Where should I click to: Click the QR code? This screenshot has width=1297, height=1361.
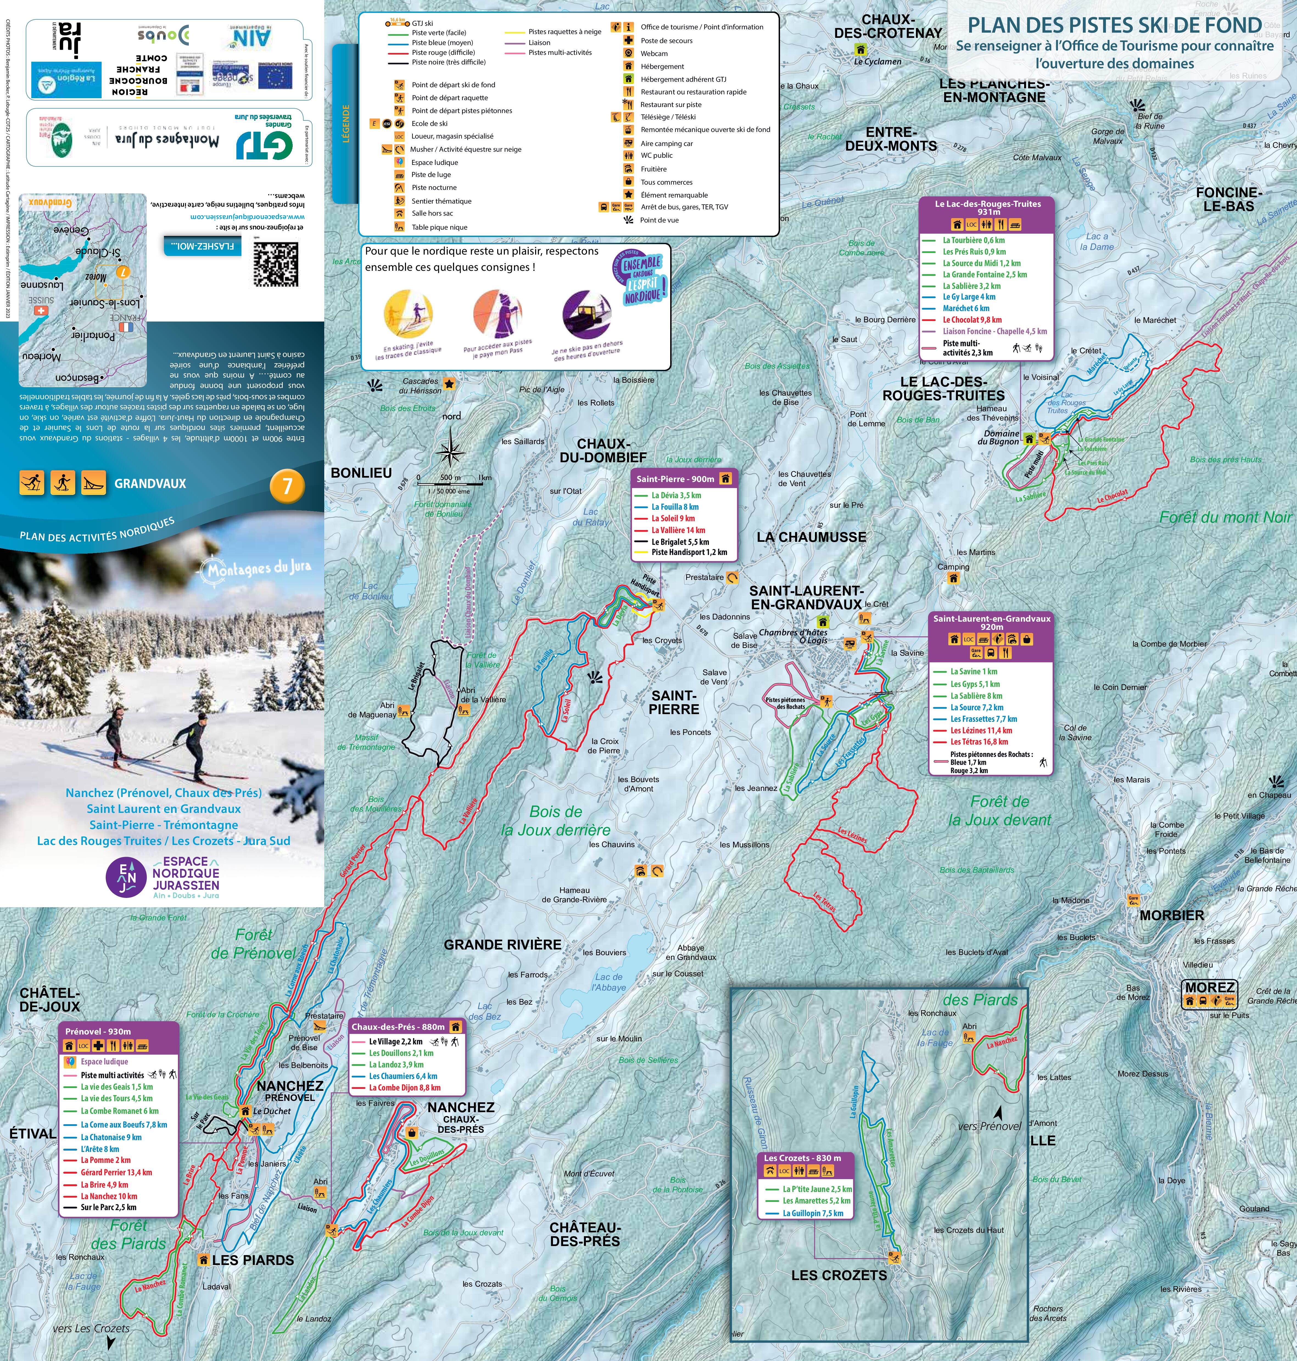[x=276, y=263]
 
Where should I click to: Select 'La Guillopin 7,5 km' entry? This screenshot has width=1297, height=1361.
[x=812, y=1213]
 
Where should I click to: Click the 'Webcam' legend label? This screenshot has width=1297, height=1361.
[x=654, y=53]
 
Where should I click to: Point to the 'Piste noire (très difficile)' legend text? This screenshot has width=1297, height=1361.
[x=449, y=62]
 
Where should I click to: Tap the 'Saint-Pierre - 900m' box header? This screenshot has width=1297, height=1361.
[x=675, y=479]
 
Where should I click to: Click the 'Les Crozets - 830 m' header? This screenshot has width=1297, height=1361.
[x=802, y=1158]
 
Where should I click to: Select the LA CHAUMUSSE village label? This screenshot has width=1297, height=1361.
[x=811, y=537]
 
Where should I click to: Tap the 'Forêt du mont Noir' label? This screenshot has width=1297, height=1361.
[x=1225, y=517]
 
